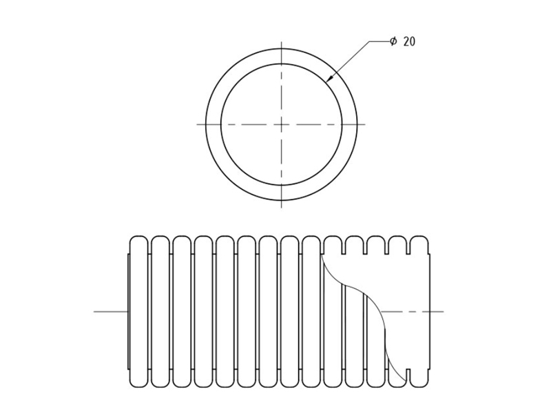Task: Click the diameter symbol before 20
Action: (393, 41)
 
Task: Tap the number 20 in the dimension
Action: (409, 41)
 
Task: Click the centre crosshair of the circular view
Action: (281, 124)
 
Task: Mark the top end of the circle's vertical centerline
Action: (281, 41)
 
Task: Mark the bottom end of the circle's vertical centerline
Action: (281, 208)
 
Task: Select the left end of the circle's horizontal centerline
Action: (197, 124)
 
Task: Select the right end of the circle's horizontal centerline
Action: (366, 124)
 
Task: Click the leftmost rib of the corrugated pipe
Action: (139, 312)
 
